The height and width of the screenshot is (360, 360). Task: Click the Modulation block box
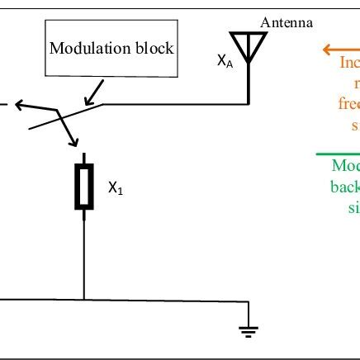111,47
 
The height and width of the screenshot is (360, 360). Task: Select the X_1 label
116,188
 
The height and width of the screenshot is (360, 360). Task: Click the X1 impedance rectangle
83,185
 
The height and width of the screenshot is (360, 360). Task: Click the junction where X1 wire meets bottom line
83,299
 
